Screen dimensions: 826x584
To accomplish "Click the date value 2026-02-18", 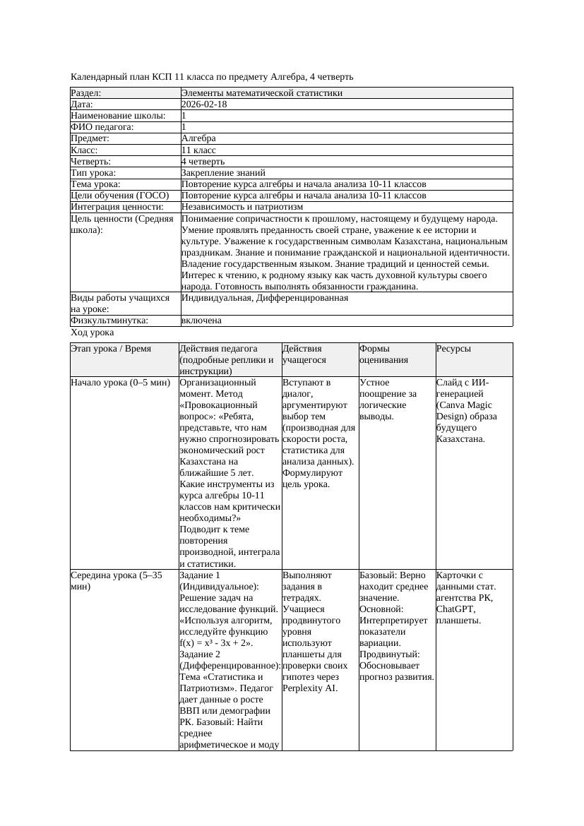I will coord(204,104).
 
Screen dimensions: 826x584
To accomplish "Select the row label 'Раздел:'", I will coord(86,93).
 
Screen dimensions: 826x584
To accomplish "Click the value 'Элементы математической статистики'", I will coord(261,93).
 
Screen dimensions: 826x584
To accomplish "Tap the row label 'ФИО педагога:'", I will coord(102,127).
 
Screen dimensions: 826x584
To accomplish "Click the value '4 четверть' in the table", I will coord(203,162).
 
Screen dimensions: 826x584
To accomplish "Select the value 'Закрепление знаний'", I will coord(223,173).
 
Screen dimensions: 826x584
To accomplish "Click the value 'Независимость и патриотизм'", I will coord(242,207).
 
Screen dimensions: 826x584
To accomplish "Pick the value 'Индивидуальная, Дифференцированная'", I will coord(264,298).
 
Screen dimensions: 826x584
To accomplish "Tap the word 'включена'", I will coord(201,321).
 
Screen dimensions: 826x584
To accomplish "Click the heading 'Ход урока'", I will coord(92,332).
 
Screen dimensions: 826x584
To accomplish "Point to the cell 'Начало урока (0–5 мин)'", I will coord(121,383).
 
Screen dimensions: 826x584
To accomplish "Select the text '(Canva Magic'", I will coord(463,405).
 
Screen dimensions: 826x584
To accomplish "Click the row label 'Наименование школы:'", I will coord(118,116).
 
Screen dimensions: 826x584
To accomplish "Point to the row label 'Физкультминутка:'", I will coord(109,321).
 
